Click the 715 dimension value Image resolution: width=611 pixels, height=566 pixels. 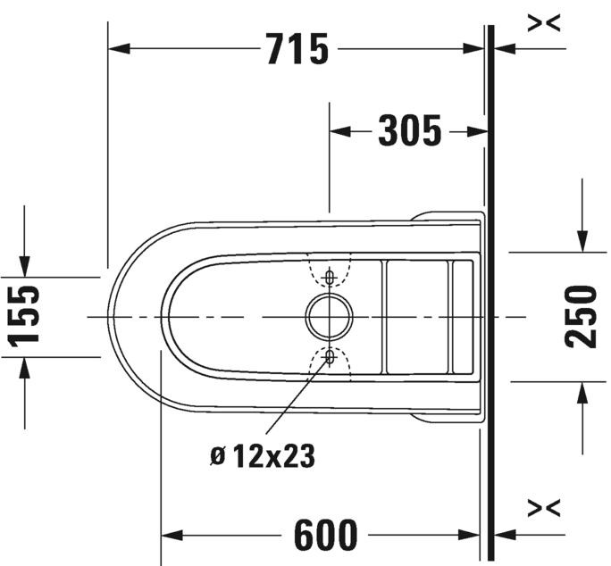point(298,49)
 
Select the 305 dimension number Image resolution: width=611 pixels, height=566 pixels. point(410,131)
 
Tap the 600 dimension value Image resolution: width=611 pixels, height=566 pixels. point(325,535)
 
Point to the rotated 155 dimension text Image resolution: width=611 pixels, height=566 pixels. point(24,316)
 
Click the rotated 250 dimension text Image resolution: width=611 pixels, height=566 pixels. point(581,316)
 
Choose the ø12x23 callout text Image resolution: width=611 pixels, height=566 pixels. point(263,456)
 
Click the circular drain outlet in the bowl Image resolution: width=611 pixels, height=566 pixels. point(330,317)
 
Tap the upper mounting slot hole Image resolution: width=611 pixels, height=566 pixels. point(330,278)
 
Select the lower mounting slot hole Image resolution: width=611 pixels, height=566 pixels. point(330,356)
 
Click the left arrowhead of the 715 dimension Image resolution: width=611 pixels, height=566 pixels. point(119,49)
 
